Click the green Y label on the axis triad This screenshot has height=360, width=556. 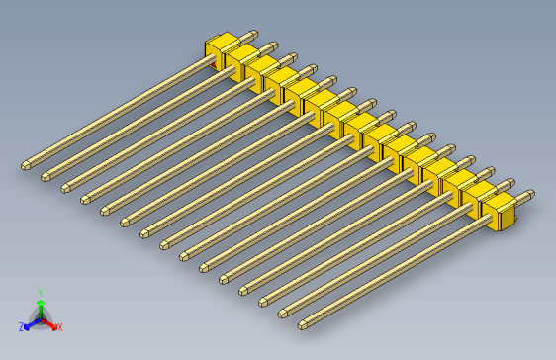pos(40,293)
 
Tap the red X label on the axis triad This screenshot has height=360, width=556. pos(59,326)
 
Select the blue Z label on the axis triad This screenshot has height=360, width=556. pos(21,326)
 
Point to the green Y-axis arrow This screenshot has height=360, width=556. pos(40,306)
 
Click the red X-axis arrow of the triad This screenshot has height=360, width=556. pos(50,322)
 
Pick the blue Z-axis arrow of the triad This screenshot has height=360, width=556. pos(30,322)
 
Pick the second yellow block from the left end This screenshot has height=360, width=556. pos(239,60)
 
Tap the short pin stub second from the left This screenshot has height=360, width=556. pos(271,45)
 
